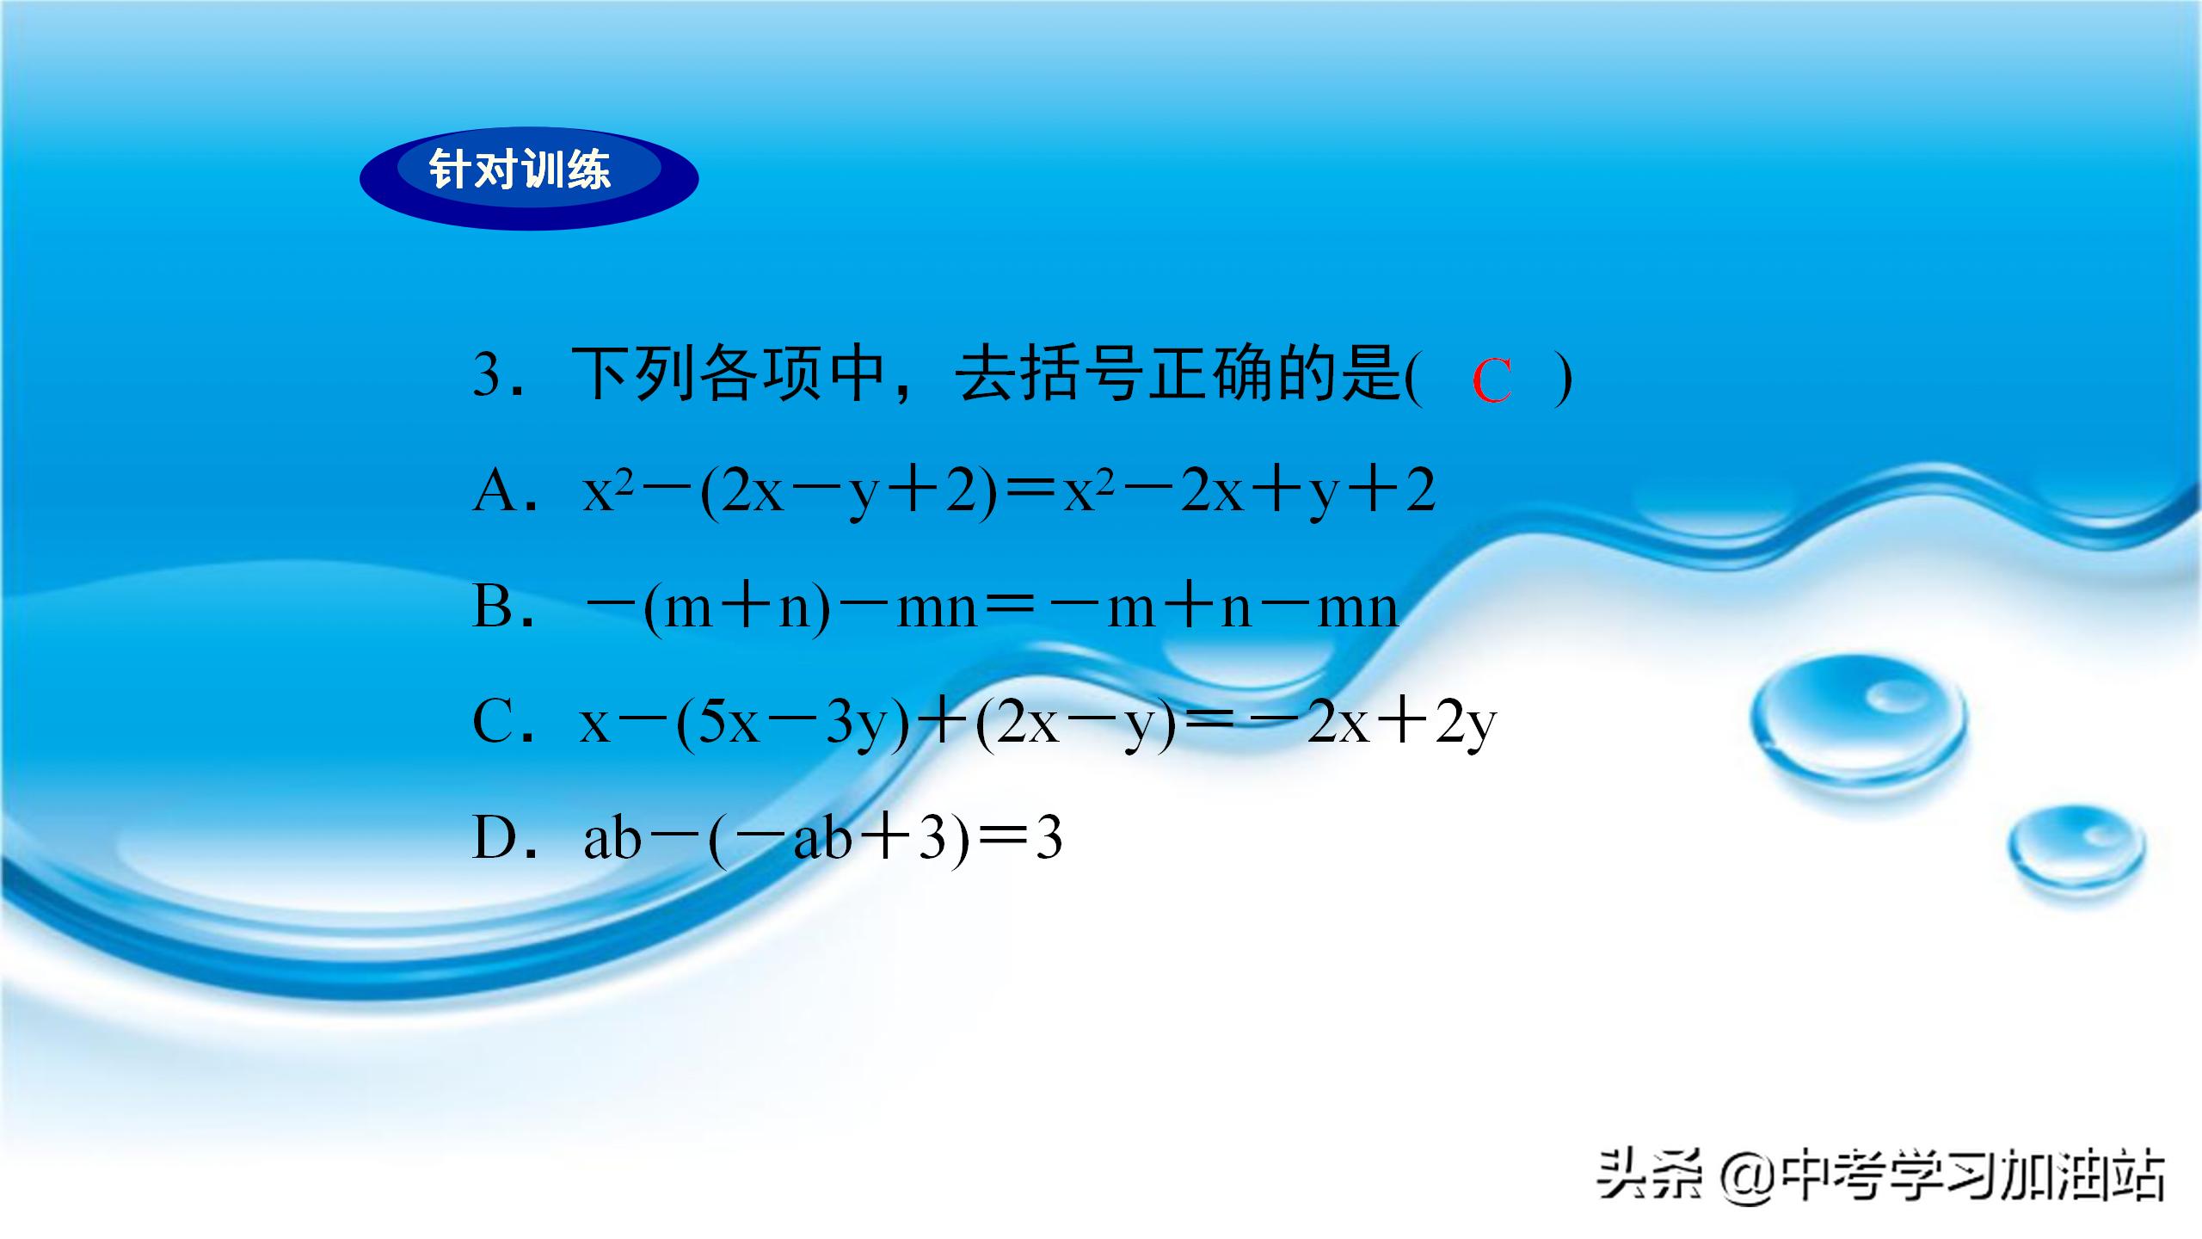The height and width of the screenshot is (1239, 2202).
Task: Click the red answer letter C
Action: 1492,381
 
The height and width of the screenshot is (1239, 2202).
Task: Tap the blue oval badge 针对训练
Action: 528,178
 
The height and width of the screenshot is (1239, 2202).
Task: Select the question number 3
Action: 488,376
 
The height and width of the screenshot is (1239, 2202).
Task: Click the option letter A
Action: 495,493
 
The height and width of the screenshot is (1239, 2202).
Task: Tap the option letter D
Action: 495,838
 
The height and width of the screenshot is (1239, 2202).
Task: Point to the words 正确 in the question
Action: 1212,376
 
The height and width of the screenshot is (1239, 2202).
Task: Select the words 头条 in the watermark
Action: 1650,1174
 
